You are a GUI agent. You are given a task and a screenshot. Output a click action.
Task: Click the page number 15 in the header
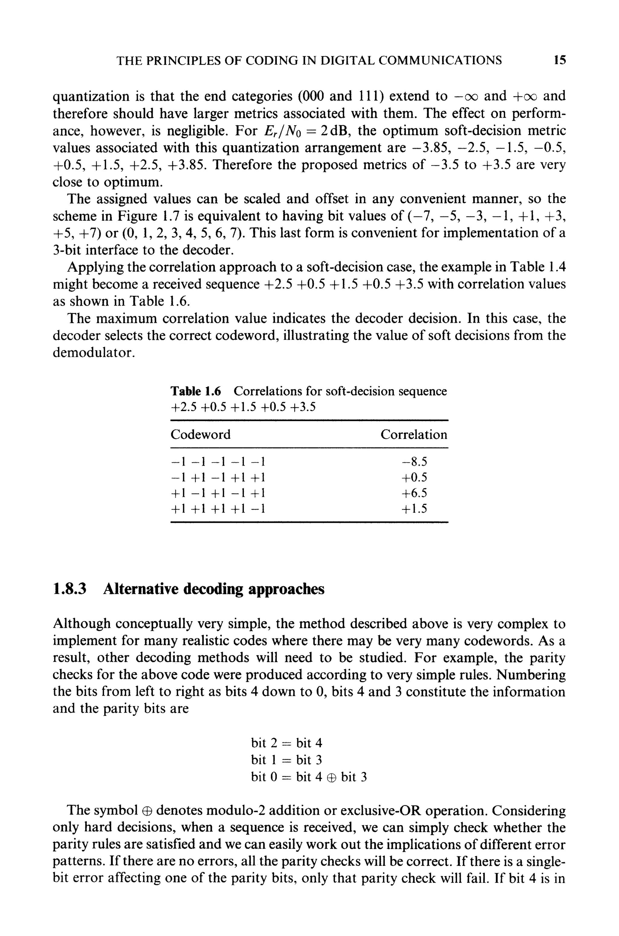pyautogui.click(x=560, y=60)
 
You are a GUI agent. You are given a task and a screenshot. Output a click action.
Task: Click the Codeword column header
pyautogui.click(x=201, y=434)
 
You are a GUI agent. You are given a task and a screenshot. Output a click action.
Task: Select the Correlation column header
pyautogui.click(x=414, y=434)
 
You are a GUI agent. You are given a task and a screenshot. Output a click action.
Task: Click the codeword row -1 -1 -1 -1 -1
pyautogui.click(x=218, y=462)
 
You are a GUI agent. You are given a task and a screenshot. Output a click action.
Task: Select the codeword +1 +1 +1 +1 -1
pyautogui.click(x=218, y=509)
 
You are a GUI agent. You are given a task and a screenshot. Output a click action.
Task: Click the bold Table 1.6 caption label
pyautogui.click(x=196, y=391)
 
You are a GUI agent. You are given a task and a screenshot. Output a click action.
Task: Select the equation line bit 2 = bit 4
pyautogui.click(x=287, y=743)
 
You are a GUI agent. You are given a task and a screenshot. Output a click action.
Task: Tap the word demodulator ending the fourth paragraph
pyautogui.click(x=94, y=353)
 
